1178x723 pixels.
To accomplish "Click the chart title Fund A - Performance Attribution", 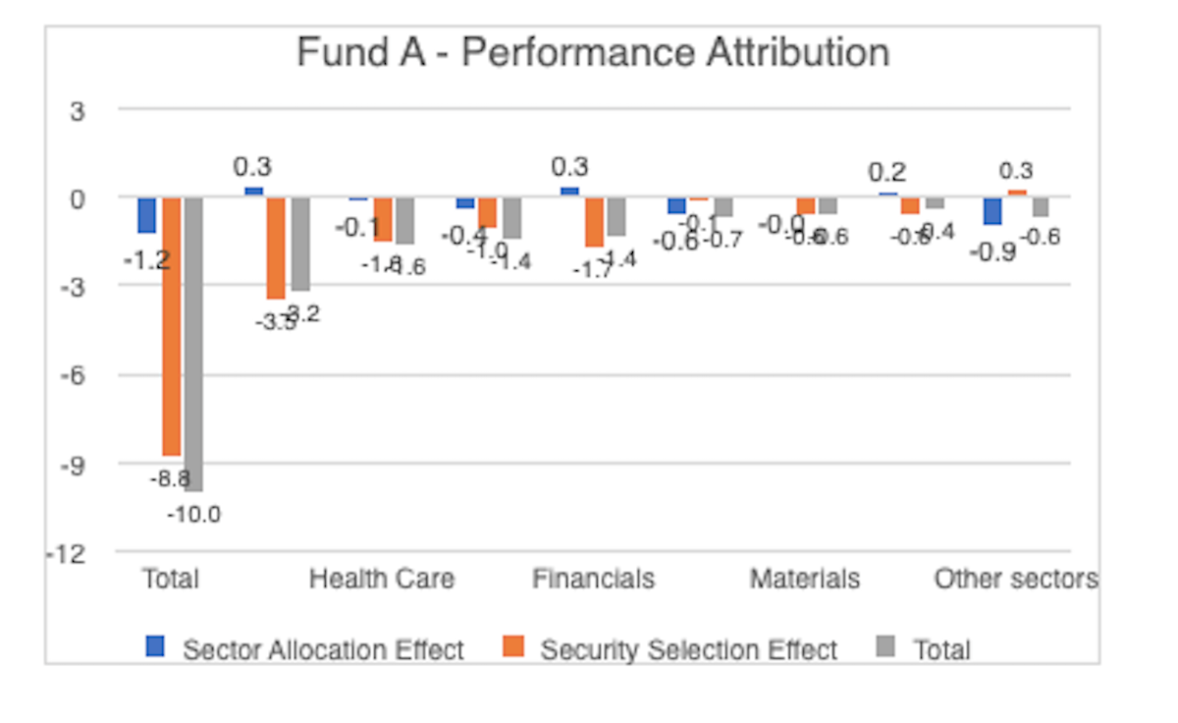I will click(593, 52).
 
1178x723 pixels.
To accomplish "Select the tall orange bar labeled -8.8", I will click(172, 324).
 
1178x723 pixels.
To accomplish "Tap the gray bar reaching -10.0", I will click(192, 344).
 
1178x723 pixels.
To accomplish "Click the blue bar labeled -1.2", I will click(147, 214).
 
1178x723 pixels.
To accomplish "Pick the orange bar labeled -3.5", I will click(276, 248).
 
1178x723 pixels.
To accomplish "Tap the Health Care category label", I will click(382, 579).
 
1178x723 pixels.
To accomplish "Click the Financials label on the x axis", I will click(593, 579).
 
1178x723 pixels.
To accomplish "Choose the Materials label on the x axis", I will click(805, 579).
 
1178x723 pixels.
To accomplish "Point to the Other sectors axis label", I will click(1016, 579).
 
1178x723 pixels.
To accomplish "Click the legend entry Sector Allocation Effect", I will click(323, 649).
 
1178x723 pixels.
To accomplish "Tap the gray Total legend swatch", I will click(885, 646).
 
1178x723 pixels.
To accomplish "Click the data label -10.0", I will click(192, 514).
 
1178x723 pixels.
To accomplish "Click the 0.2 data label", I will click(886, 173).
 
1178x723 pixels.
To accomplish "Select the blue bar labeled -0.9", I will click(992, 210).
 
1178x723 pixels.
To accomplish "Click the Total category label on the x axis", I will click(170, 579).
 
